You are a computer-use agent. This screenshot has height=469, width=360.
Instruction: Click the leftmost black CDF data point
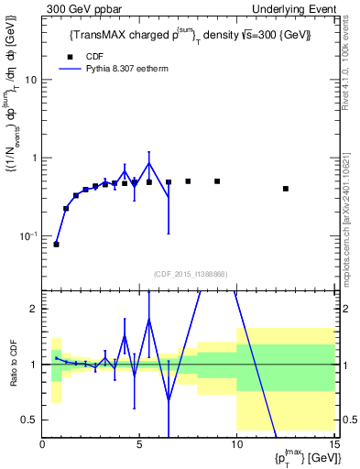[x=56, y=245]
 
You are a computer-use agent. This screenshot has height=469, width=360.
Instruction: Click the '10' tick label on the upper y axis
[x=30, y=80]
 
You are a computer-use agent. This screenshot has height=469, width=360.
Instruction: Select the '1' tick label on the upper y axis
[x=34, y=158]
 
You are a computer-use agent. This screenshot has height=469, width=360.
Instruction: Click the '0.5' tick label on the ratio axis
[x=29, y=420]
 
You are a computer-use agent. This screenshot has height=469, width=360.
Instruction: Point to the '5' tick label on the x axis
[x=139, y=445]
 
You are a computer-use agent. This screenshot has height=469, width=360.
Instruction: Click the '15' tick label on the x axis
[x=334, y=445]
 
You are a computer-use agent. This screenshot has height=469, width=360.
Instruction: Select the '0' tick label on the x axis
[x=42, y=445]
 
